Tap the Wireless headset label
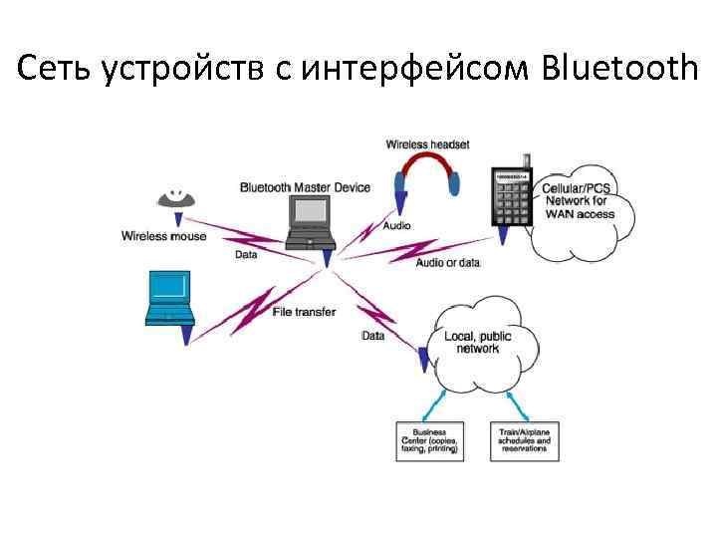(x=427, y=144)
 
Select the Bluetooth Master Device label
(x=305, y=187)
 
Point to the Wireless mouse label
(x=163, y=236)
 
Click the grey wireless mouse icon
(x=177, y=199)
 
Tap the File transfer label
(x=304, y=311)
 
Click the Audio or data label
(x=447, y=262)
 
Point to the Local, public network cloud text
(x=477, y=343)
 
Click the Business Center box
(x=429, y=441)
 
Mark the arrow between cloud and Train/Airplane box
(x=518, y=403)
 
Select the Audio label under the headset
(x=395, y=225)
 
